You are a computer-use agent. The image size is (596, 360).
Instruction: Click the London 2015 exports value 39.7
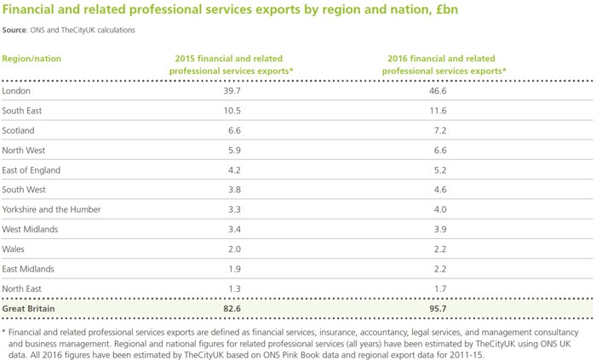[232, 91]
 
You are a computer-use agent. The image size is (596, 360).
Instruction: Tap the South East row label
[23, 111]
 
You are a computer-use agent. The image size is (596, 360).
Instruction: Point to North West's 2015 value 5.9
[234, 151]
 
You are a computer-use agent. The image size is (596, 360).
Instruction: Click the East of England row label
[32, 170]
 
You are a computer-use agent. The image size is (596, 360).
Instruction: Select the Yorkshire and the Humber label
[52, 209]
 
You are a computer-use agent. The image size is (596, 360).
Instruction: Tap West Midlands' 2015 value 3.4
[234, 230]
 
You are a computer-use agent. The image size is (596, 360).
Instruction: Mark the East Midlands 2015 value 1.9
[234, 269]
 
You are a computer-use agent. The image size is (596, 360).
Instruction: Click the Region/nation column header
[32, 59]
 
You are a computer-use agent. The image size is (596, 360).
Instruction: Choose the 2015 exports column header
[232, 65]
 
